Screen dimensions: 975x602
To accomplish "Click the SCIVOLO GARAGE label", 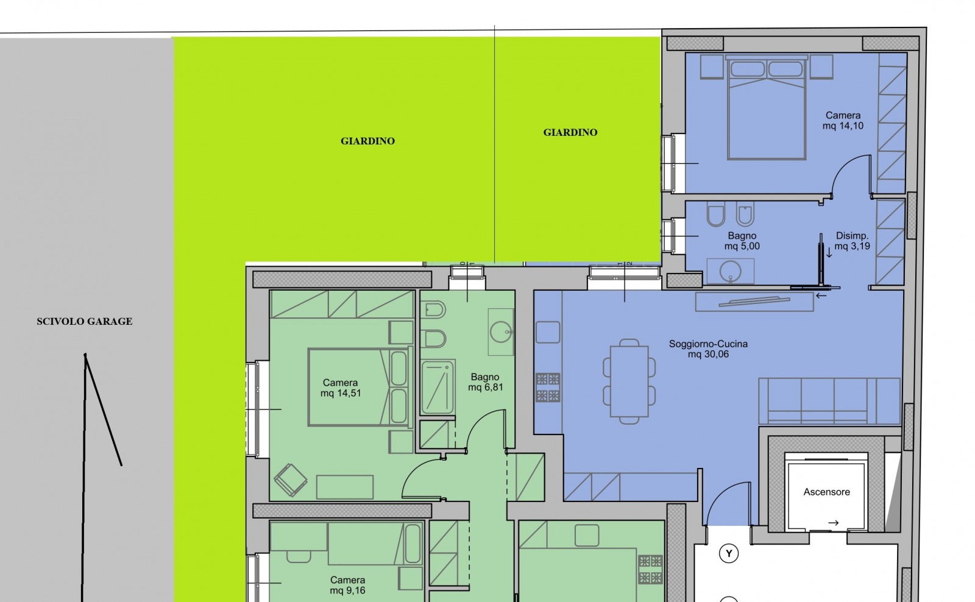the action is pyautogui.click(x=85, y=321).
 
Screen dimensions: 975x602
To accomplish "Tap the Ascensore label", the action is pyautogui.click(x=826, y=492).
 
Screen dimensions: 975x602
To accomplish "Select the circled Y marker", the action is pyautogui.click(x=729, y=553).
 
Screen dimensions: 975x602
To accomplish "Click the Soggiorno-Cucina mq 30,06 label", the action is pyautogui.click(x=708, y=349).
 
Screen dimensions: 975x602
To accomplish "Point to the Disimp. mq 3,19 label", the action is pyautogui.click(x=852, y=241).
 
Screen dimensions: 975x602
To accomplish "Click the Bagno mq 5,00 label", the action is pyautogui.click(x=742, y=241).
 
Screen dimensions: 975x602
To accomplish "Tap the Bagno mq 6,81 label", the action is pyautogui.click(x=485, y=382).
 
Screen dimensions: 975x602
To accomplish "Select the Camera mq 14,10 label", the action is pyautogui.click(x=843, y=121).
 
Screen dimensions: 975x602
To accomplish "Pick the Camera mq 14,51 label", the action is pyautogui.click(x=341, y=388).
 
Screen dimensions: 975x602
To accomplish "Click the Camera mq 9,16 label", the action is pyautogui.click(x=347, y=585).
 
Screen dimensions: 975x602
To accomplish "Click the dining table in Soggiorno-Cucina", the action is pyautogui.click(x=629, y=381).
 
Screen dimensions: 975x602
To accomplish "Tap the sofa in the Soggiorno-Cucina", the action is pyautogui.click(x=829, y=401).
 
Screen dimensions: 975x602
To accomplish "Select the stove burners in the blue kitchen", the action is pyautogui.click(x=548, y=387).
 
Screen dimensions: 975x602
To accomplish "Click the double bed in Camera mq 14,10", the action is pyautogui.click(x=767, y=107).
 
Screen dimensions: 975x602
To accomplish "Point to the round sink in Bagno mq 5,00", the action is pyautogui.click(x=731, y=271).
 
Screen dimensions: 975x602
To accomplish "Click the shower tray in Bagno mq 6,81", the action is pyautogui.click(x=438, y=387).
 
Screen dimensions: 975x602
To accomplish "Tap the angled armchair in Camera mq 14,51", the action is pyautogui.click(x=290, y=480).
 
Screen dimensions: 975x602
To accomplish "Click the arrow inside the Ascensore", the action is pyautogui.click(x=834, y=523).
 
